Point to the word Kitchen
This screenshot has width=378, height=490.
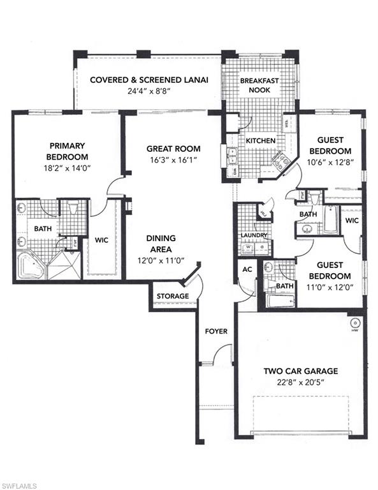[x=261, y=140]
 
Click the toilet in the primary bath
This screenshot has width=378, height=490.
[x=72, y=207]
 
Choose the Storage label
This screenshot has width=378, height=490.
[x=173, y=296]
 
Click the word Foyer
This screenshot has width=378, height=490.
[x=216, y=331]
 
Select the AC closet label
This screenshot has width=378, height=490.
[x=247, y=269]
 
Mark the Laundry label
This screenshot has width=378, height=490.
[x=253, y=235]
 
